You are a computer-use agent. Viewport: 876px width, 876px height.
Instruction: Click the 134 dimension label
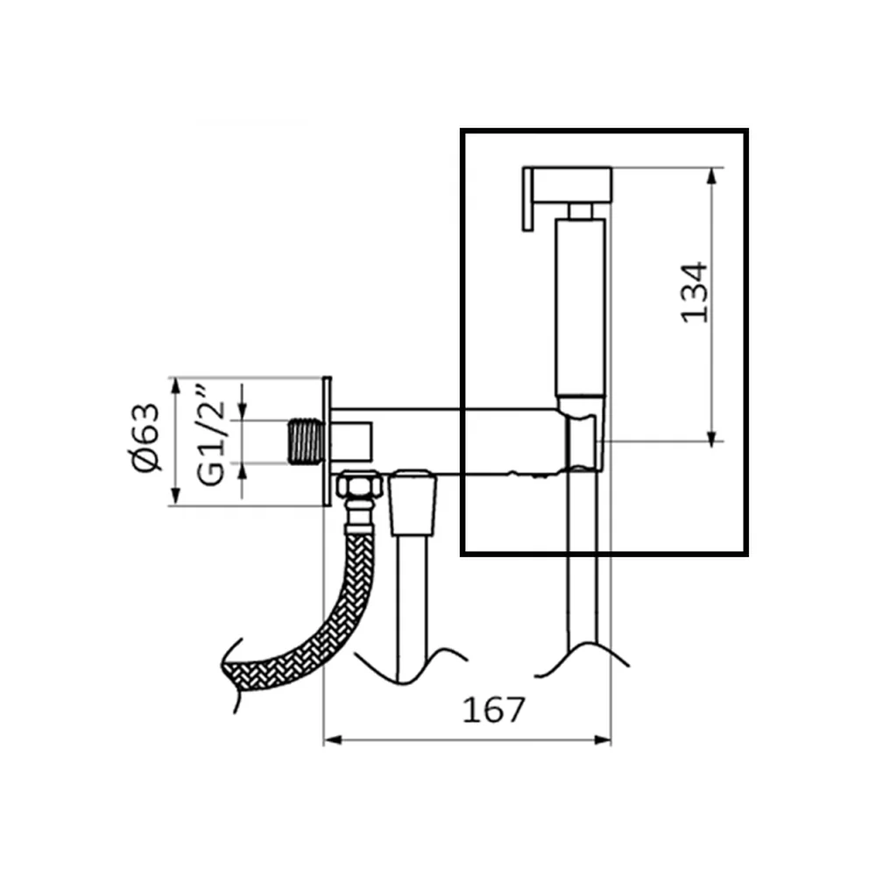click(695, 292)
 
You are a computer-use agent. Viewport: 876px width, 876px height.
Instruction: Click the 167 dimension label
click(494, 710)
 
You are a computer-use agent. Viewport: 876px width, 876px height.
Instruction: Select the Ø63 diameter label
click(146, 437)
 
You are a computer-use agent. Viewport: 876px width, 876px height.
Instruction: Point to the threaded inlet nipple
click(306, 442)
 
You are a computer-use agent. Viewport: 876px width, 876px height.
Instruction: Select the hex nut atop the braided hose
click(360, 485)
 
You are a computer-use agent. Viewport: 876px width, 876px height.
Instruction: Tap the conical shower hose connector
click(413, 502)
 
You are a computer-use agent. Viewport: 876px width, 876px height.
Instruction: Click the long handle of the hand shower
click(581, 307)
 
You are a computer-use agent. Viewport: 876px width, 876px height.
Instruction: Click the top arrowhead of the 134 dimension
click(711, 176)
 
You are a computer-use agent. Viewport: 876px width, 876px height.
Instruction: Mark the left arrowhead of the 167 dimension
click(333, 740)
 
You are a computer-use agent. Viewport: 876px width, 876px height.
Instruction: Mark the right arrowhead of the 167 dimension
click(603, 740)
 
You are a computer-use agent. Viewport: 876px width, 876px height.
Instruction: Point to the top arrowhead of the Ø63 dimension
click(176, 386)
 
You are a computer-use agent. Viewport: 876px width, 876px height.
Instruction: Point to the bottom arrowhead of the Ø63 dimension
click(176, 497)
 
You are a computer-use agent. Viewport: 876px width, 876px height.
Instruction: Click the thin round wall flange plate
click(327, 442)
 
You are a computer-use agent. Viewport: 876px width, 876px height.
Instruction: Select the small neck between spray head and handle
click(581, 210)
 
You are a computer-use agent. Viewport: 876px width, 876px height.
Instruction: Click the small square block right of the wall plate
click(352, 442)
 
